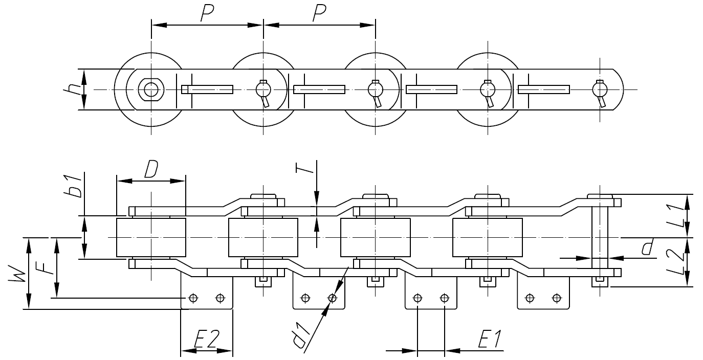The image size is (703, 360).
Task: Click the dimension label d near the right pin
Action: pos(647,249)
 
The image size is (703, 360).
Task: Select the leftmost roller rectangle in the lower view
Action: pos(151,238)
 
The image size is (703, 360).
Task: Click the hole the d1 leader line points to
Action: pos(333,298)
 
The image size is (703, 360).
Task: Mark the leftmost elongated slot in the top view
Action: pos(207,89)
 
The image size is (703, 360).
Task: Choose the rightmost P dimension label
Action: pos(319,14)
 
